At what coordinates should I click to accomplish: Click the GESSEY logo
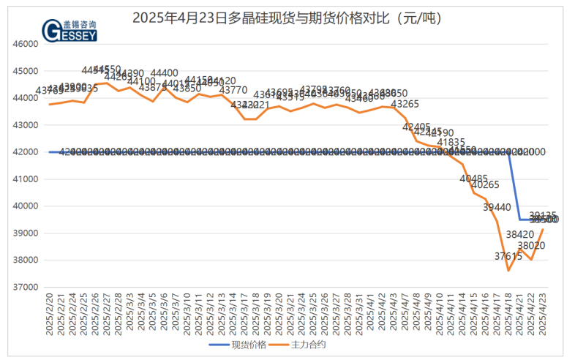[70, 31]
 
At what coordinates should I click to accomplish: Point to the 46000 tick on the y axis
[25, 44]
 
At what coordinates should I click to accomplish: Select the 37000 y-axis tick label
[25, 288]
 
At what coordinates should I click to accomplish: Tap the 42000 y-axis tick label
[25, 152]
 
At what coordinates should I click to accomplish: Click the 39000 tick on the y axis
[25, 233]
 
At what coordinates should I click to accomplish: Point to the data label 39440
[497, 208]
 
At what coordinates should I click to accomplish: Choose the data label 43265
[405, 105]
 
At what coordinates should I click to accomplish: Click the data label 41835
[451, 142]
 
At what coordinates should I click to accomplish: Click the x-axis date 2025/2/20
[50, 315]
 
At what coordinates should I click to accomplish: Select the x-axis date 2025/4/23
[543, 315]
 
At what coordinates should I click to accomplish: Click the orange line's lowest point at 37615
[508, 271]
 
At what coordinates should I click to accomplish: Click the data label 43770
[233, 90]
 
